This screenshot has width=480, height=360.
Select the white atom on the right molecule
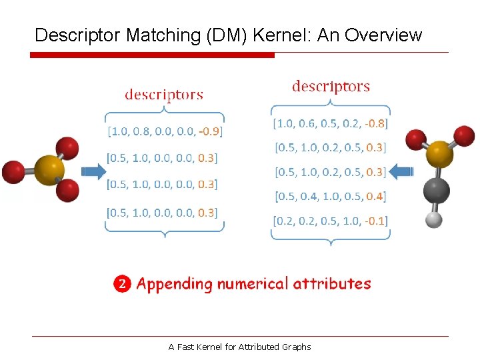[x=434, y=219]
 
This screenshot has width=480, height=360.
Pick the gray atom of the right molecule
[x=437, y=191]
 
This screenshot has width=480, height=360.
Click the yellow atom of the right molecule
[x=440, y=154]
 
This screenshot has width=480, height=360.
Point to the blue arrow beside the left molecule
[x=93, y=172]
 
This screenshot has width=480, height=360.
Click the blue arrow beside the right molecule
[x=401, y=172]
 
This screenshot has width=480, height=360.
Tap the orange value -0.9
[x=211, y=131]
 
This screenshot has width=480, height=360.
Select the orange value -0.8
[x=377, y=123]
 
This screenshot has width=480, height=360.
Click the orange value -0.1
[x=376, y=221]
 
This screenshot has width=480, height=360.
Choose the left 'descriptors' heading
[x=164, y=95]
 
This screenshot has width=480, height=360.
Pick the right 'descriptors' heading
[x=331, y=87]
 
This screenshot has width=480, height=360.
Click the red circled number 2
[x=122, y=285]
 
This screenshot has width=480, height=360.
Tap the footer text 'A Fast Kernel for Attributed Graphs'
[x=240, y=347]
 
